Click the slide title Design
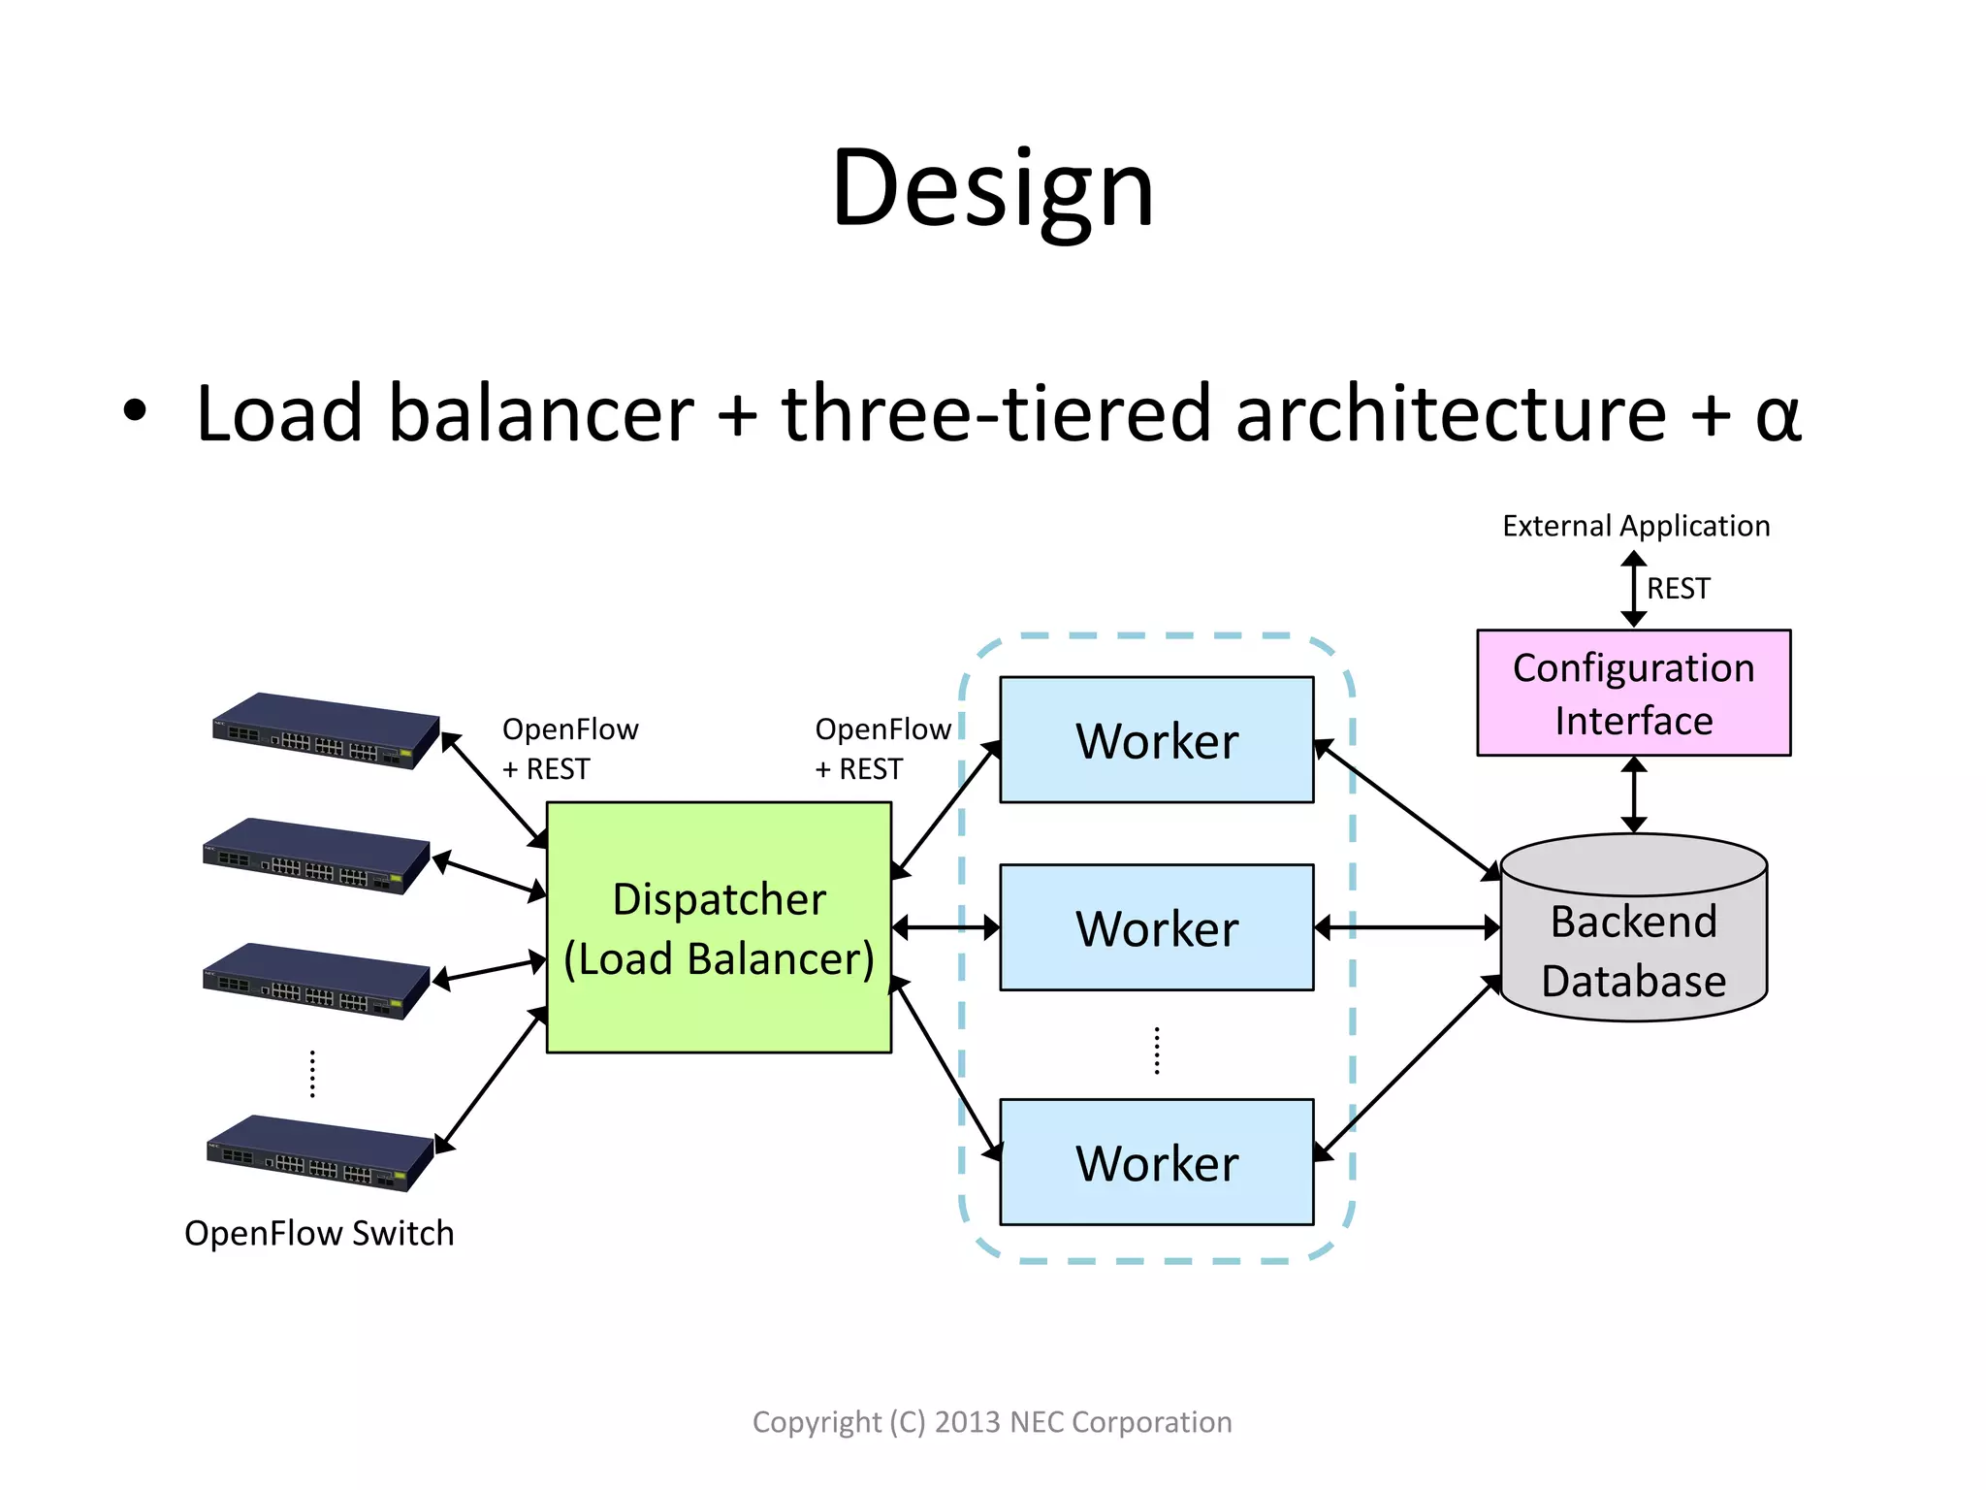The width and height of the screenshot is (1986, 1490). [x=992, y=189]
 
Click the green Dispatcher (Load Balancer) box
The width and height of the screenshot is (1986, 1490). [x=719, y=927]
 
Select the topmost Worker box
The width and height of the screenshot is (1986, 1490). [x=1156, y=740]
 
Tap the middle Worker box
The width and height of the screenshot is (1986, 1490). [x=1156, y=927]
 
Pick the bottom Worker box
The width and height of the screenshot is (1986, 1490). [x=1156, y=1162]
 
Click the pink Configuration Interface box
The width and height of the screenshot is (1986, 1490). [x=1633, y=693]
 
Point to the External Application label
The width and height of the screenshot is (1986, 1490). [x=1635, y=526]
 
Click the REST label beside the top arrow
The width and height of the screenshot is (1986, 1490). [x=1678, y=589]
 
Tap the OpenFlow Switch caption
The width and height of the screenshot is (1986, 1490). [x=319, y=1233]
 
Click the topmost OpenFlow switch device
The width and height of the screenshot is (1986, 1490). [x=325, y=731]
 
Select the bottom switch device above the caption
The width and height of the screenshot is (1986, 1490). [x=320, y=1153]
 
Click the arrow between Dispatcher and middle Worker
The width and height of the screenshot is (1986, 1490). [x=945, y=928]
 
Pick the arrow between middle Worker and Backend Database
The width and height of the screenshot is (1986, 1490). [x=1406, y=928]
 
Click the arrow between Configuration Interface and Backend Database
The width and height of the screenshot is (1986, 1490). [x=1634, y=794]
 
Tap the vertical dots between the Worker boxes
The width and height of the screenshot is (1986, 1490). [x=1157, y=1051]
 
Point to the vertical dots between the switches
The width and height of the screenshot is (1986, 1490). [x=312, y=1073]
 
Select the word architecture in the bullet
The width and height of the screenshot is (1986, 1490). [x=1451, y=414]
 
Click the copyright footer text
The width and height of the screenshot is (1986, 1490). [x=992, y=1422]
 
